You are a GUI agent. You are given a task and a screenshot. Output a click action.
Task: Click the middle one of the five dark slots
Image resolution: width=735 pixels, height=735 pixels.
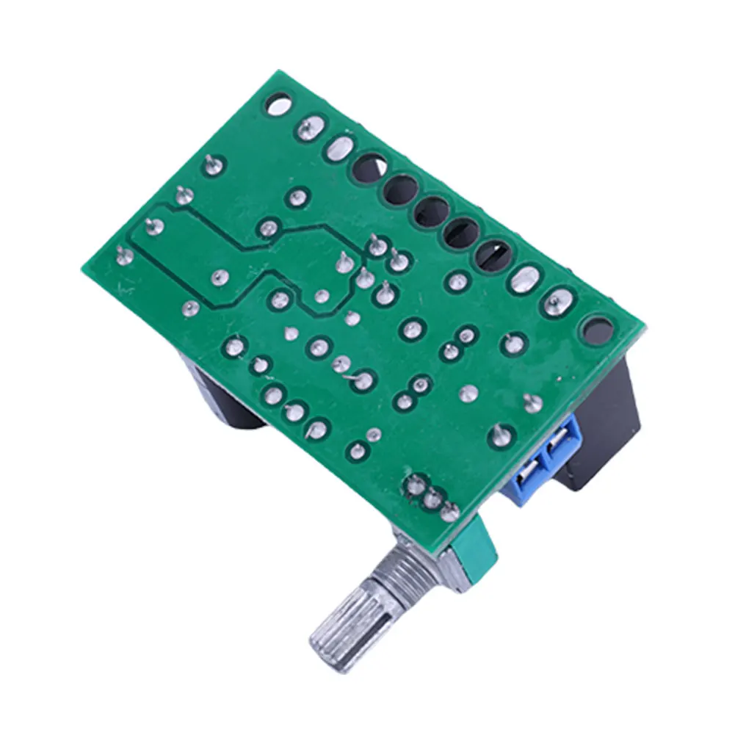(432, 212)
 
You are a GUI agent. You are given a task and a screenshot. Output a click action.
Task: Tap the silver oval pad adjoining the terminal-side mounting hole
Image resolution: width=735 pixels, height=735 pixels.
(559, 301)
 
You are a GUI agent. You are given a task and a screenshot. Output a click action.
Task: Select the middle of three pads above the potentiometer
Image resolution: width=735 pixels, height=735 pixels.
(432, 499)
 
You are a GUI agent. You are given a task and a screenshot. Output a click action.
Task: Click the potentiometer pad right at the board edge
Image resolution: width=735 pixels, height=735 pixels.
(449, 511)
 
